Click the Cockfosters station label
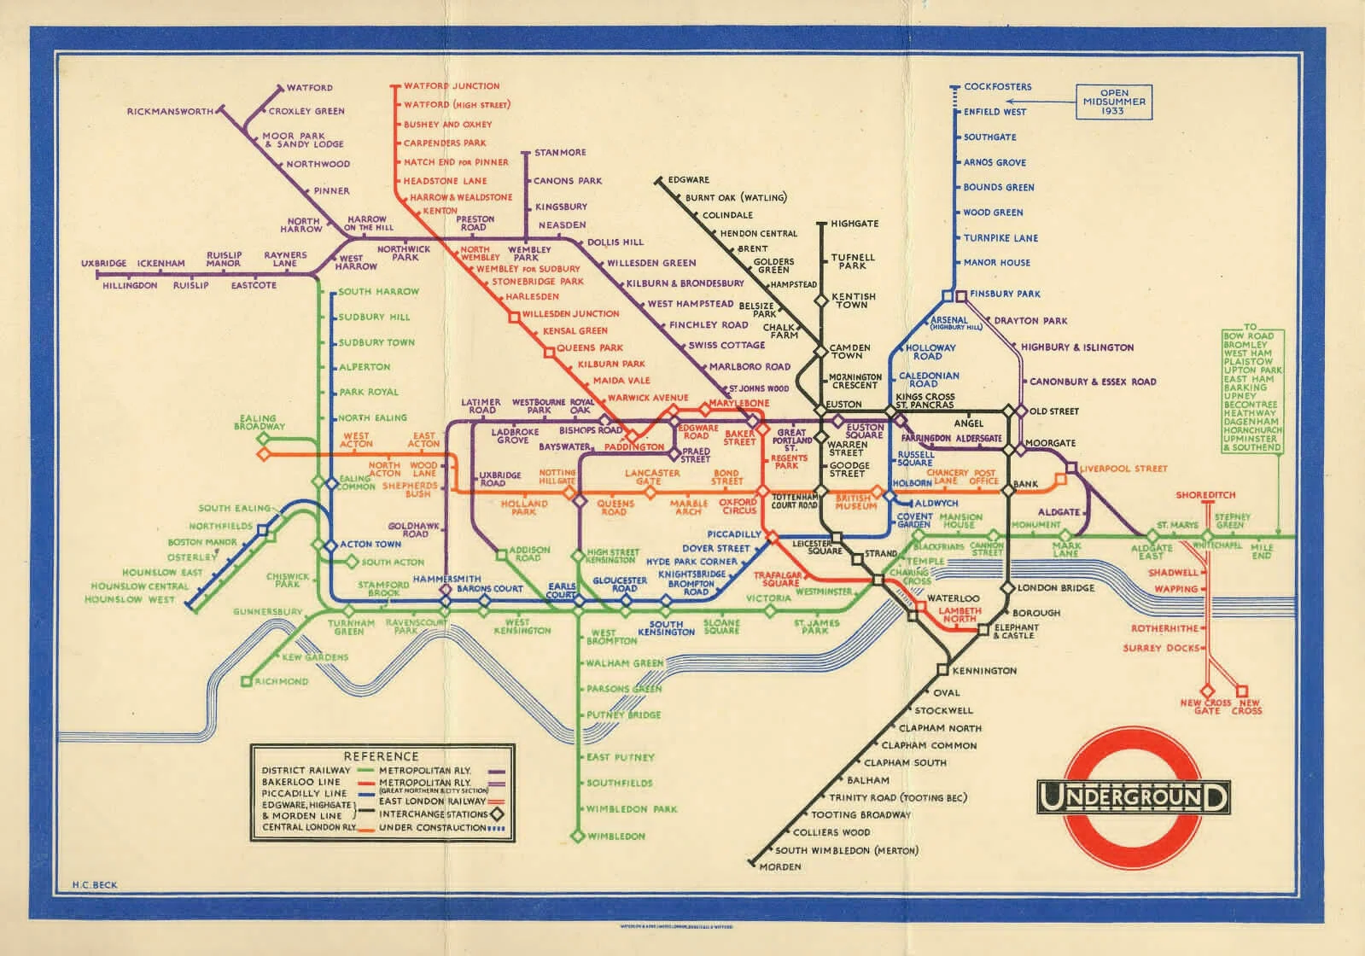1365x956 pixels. click(x=997, y=87)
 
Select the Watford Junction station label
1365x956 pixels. click(x=452, y=86)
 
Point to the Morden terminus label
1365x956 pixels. click(x=779, y=867)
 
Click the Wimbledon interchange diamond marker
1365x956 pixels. click(x=577, y=836)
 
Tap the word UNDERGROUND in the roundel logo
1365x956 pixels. click(x=1134, y=798)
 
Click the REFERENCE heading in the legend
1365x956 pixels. click(x=381, y=756)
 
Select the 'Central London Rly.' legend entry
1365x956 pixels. click(x=307, y=827)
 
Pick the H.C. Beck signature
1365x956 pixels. click(x=95, y=885)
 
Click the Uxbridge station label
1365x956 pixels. click(x=104, y=264)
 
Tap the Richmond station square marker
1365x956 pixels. click(x=246, y=681)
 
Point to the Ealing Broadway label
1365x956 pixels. click(x=260, y=423)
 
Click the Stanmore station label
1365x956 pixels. click(x=560, y=153)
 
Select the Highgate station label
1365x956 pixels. click(x=854, y=224)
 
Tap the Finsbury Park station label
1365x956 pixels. click(x=1005, y=294)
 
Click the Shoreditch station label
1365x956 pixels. click(x=1205, y=495)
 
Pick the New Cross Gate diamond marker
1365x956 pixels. click(x=1207, y=691)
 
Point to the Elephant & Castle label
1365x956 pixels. click(x=1017, y=631)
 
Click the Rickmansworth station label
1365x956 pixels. click(x=170, y=112)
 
